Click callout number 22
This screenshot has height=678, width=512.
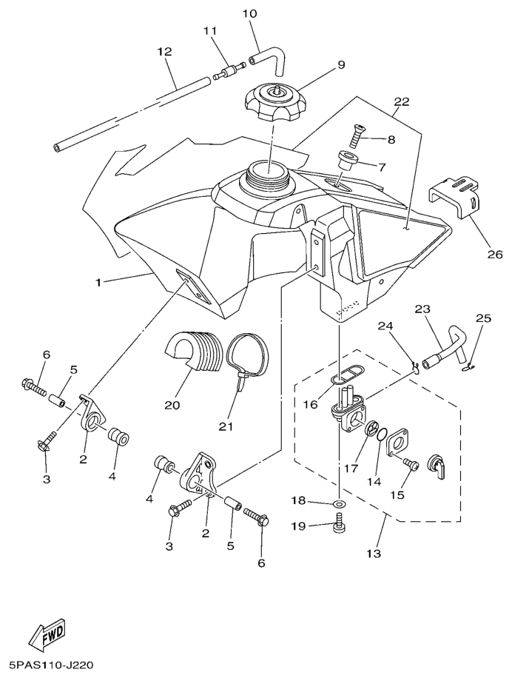pyautogui.click(x=400, y=101)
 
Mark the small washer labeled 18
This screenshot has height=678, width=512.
pyautogui.click(x=338, y=504)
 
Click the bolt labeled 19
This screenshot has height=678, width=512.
pyautogui.click(x=339, y=526)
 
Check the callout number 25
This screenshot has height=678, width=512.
pyautogui.click(x=483, y=319)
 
